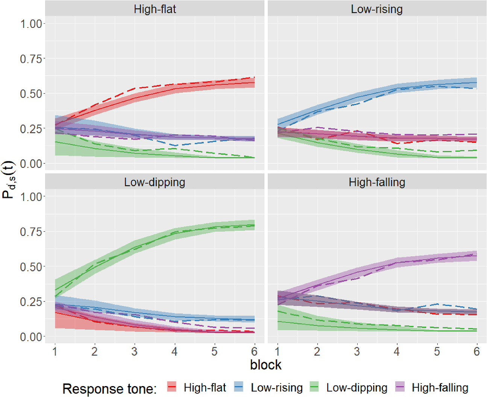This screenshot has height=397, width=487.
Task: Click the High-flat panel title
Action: (155, 9)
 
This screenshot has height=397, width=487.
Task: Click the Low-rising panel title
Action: (377, 9)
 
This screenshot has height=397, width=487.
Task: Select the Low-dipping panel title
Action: (155, 182)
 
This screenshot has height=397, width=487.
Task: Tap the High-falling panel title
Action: (377, 182)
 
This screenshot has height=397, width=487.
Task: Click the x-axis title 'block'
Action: (265, 365)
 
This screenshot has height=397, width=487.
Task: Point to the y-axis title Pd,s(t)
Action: (8, 179)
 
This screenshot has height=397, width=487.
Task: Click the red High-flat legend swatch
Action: (172, 387)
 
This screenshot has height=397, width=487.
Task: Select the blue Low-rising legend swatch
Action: (239, 387)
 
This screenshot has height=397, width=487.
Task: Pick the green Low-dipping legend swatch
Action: (314, 387)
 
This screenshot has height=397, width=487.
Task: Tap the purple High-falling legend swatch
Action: (400, 387)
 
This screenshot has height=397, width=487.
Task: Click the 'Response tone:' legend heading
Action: (109, 388)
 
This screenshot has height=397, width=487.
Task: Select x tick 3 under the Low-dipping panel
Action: (134, 351)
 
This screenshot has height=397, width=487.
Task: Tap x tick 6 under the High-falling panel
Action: (476, 351)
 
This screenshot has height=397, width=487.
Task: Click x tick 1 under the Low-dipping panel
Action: (55, 351)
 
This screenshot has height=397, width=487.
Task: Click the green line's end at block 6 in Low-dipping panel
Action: (254, 225)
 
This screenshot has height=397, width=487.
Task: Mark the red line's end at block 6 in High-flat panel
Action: (254, 82)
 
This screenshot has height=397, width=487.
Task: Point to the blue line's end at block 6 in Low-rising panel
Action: (476, 82)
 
